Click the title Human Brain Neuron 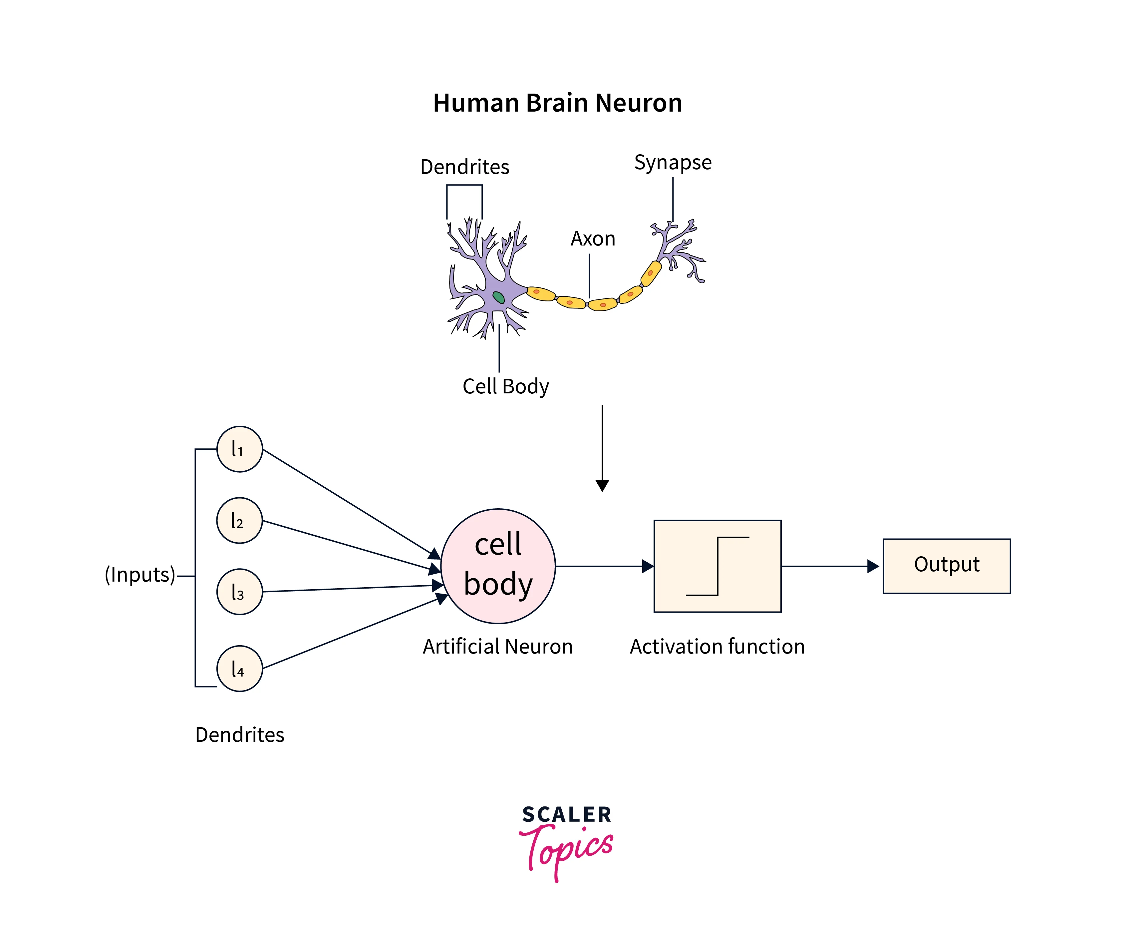(x=557, y=103)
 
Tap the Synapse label (x=673, y=162)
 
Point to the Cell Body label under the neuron (x=506, y=386)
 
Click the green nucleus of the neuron (x=499, y=297)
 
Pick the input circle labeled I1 (x=239, y=449)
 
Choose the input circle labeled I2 (x=239, y=520)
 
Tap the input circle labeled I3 (x=239, y=592)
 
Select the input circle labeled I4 (x=239, y=669)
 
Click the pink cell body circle (x=498, y=566)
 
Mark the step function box (x=717, y=566)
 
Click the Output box (x=947, y=566)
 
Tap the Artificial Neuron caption (x=497, y=647)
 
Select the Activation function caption (x=717, y=647)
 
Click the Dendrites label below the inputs (x=239, y=734)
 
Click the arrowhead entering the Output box (x=873, y=566)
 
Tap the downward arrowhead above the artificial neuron (x=602, y=485)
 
